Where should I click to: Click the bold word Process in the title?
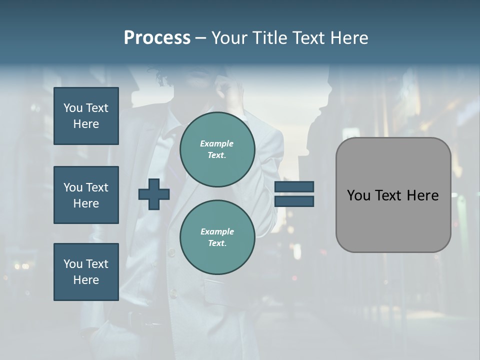click(x=157, y=38)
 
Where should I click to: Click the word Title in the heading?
click(x=270, y=38)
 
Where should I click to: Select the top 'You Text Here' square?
click(x=86, y=116)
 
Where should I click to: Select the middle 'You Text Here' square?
click(x=86, y=195)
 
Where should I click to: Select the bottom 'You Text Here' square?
click(x=86, y=272)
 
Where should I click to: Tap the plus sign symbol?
click(x=154, y=194)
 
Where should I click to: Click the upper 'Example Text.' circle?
click(x=217, y=149)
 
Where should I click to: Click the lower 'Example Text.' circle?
click(x=217, y=237)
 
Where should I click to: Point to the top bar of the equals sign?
click(x=294, y=187)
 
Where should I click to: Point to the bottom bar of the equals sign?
click(x=294, y=201)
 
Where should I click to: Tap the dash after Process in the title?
click(x=201, y=38)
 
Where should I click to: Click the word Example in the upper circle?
click(x=217, y=143)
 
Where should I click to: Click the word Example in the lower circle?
click(x=217, y=231)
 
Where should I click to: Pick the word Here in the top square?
click(x=86, y=124)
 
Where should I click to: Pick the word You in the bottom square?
click(x=73, y=264)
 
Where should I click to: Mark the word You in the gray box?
click(x=358, y=195)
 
